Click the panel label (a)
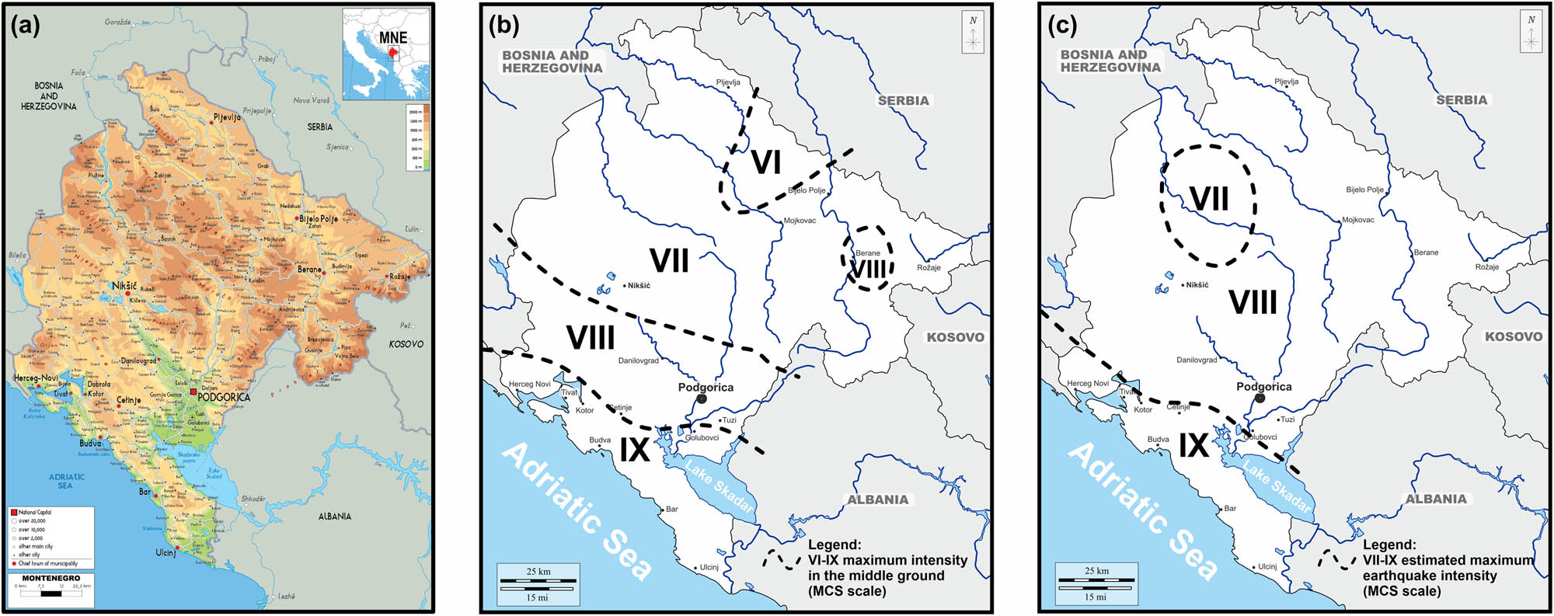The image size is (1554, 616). [x=26, y=26]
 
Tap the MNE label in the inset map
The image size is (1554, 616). [x=392, y=37]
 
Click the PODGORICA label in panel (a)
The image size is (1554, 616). [x=224, y=397]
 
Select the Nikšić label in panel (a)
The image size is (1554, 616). [x=124, y=286]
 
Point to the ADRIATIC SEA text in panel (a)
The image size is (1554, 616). [x=66, y=481]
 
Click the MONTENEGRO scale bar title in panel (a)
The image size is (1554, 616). [x=51, y=578]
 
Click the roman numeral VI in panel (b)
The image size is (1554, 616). [x=766, y=163]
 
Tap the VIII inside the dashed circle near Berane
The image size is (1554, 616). [x=868, y=270]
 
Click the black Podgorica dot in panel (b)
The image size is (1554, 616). [x=702, y=398]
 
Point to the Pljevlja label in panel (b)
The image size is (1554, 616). [x=728, y=82]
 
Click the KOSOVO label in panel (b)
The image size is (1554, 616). [x=955, y=337]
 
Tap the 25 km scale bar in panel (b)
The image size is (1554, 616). [x=538, y=581]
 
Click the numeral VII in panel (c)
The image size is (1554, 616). [x=1208, y=200]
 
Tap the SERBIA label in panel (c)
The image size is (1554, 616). [x=1462, y=100]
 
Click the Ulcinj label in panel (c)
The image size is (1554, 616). [x=1267, y=566]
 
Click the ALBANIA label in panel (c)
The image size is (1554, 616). [x=1435, y=499]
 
